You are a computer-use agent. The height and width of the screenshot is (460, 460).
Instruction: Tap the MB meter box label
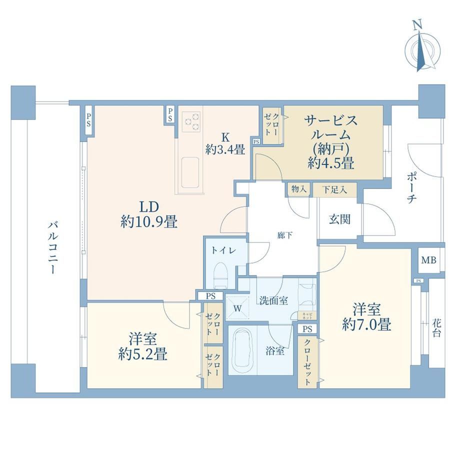click(x=428, y=260)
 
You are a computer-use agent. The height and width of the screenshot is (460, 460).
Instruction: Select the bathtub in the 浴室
click(x=242, y=350)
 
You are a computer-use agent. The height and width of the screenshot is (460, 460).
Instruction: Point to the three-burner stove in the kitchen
click(x=191, y=121)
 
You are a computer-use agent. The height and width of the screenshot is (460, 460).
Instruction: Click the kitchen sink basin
click(x=190, y=173)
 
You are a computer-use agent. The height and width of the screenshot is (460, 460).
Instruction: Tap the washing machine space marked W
click(x=238, y=308)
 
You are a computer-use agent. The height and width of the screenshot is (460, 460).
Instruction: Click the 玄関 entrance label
click(x=339, y=219)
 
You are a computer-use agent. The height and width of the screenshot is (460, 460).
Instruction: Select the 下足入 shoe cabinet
click(x=334, y=189)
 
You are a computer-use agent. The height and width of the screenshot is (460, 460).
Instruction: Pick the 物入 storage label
click(x=299, y=189)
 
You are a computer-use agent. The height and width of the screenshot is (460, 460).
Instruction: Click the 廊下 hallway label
click(x=285, y=235)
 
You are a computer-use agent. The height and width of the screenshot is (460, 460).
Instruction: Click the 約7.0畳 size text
click(x=366, y=324)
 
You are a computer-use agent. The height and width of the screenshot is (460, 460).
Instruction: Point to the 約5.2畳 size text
click(x=143, y=354)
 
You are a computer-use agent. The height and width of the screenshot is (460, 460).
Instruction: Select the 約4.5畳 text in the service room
click(x=331, y=163)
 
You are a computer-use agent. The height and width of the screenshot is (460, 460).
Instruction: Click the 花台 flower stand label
click(x=436, y=328)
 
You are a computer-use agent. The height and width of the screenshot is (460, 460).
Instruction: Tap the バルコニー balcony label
click(x=53, y=248)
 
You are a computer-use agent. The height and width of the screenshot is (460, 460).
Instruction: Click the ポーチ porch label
click(x=411, y=188)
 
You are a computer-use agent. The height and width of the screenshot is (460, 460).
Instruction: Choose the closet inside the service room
click(x=271, y=125)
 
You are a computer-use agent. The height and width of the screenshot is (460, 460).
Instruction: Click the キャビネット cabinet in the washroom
click(x=307, y=316)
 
